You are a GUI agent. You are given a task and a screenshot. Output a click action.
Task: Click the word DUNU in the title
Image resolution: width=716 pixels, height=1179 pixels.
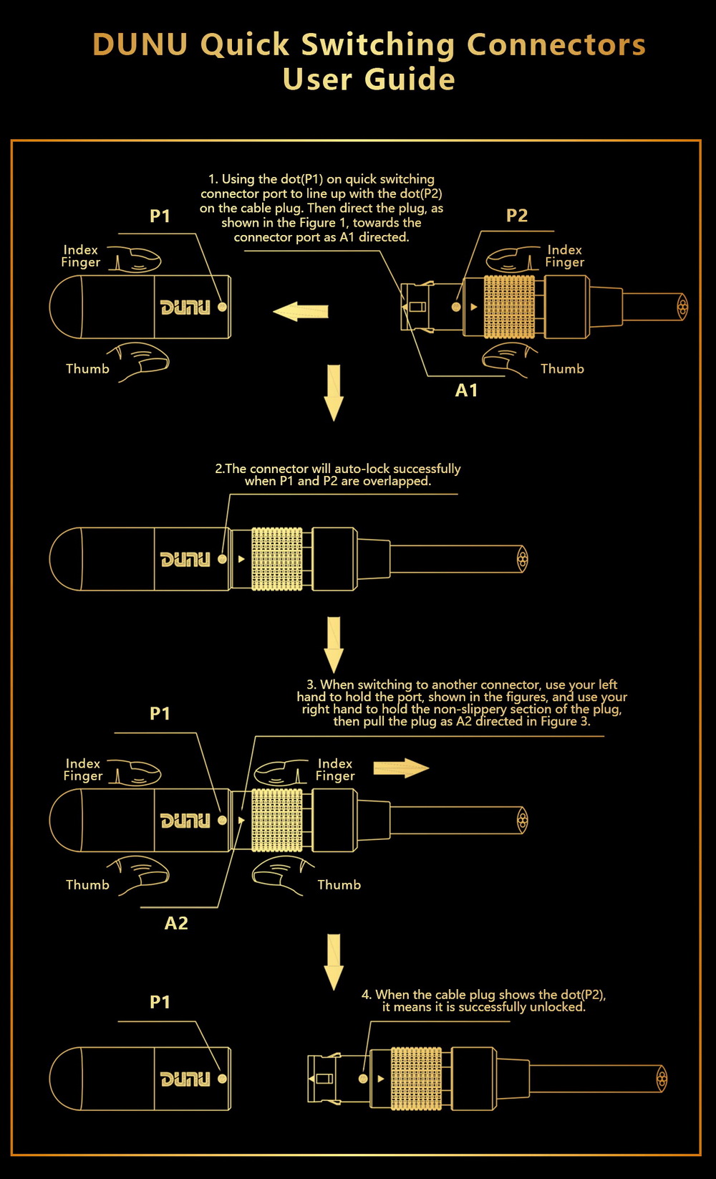click(x=140, y=44)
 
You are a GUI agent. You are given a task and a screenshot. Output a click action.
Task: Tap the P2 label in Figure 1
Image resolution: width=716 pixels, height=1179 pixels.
click(x=516, y=216)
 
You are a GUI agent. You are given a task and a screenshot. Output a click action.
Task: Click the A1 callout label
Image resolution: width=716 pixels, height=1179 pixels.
click(x=466, y=391)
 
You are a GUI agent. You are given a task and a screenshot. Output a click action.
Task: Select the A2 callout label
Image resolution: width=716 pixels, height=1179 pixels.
click(x=176, y=923)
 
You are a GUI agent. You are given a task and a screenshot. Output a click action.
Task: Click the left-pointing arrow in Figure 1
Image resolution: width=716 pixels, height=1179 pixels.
click(x=301, y=312)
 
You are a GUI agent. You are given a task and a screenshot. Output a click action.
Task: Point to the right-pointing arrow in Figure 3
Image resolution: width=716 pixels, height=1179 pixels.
click(x=401, y=768)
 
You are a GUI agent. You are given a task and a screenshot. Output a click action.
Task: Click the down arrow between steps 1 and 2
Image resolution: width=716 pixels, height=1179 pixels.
click(x=334, y=392)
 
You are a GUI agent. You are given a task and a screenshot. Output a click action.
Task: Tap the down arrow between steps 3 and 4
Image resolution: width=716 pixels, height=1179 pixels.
click(x=334, y=961)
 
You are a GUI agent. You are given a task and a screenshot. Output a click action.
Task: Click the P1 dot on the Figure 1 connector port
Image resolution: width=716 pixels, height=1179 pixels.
click(x=222, y=307)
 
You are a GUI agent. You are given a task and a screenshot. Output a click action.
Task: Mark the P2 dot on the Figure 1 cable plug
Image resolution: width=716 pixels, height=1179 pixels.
click(x=456, y=307)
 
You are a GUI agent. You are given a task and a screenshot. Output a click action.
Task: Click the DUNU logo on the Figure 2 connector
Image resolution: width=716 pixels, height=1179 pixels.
click(x=185, y=559)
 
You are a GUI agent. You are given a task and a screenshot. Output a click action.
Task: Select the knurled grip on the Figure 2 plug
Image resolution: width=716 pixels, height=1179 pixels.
click(x=277, y=559)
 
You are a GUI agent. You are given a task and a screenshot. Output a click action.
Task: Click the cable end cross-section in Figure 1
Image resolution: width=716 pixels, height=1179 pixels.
click(x=682, y=307)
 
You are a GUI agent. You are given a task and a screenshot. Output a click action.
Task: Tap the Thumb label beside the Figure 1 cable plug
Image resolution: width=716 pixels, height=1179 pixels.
click(x=562, y=369)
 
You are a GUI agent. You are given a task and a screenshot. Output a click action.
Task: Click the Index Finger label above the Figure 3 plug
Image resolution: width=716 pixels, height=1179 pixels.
click(x=335, y=770)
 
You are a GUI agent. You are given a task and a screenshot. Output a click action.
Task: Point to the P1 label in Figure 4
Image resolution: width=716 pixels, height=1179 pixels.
click(x=160, y=1002)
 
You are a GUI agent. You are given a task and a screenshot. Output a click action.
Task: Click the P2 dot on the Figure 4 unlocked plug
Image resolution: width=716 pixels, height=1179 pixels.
click(x=363, y=1078)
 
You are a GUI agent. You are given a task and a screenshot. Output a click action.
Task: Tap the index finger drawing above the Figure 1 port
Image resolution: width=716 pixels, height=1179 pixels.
click(x=136, y=259)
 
